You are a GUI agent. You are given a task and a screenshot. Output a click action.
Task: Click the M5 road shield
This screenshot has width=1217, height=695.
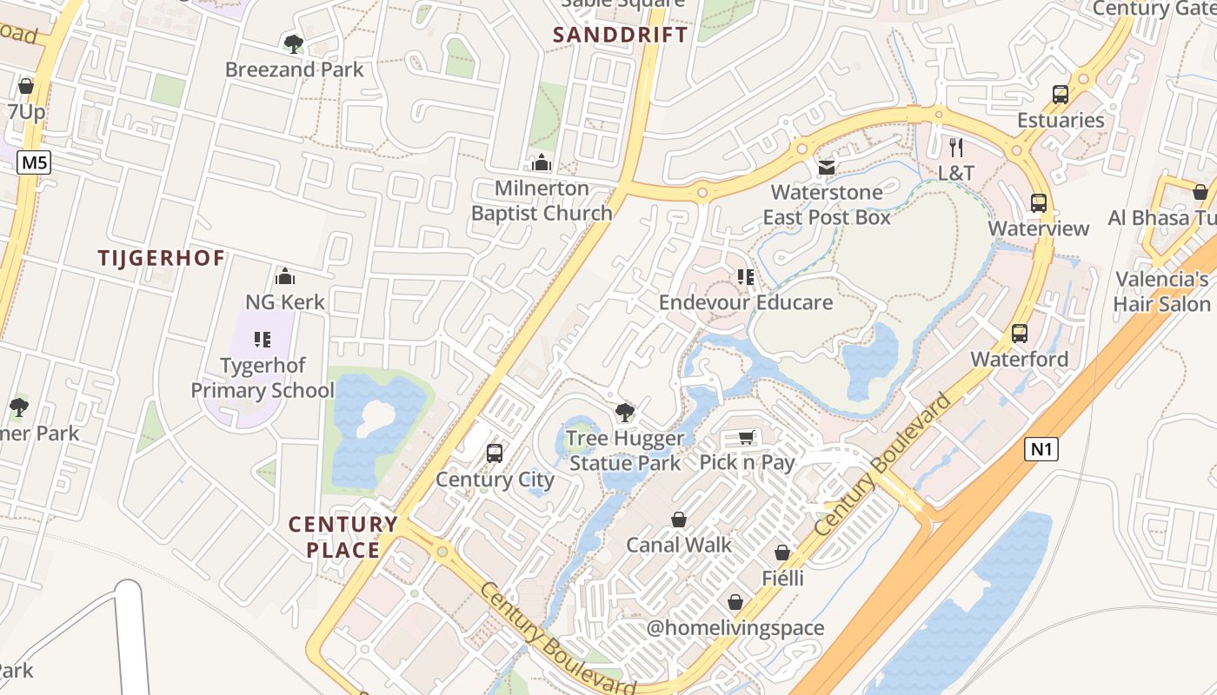34,162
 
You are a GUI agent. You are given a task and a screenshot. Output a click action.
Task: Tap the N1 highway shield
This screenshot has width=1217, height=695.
1041,449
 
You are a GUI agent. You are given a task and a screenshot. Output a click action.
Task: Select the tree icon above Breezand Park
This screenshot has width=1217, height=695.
294,43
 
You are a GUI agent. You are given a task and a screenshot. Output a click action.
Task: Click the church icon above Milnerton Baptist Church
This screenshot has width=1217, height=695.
542,162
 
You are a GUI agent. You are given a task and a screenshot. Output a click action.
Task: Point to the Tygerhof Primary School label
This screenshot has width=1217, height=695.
262,378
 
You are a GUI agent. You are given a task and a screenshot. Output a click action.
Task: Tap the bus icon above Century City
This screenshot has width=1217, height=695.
494,453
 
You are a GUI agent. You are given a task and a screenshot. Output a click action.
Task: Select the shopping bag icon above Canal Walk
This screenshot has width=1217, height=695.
679,520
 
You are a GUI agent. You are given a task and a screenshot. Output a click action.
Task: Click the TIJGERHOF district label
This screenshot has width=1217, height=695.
162,258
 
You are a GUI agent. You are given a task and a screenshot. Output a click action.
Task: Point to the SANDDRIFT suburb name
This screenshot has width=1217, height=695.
621,35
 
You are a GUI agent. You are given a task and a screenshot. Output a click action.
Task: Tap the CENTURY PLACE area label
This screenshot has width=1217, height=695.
342,537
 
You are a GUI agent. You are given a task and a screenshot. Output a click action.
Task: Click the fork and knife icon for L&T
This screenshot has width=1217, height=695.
956,147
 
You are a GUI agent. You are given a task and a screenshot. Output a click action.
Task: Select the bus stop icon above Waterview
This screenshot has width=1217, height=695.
1038,203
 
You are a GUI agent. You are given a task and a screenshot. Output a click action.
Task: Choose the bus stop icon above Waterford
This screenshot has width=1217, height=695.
1019,333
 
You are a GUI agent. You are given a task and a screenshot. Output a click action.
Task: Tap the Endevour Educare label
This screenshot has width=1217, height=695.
745,302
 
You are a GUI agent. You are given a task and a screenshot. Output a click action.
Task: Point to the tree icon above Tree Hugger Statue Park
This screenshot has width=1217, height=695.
624,412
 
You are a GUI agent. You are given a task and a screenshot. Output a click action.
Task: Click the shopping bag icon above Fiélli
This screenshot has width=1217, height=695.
782,553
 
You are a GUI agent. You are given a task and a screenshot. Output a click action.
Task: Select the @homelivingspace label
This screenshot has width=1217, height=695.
735,627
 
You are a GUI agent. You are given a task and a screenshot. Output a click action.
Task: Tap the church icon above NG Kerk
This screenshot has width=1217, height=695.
285,276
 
